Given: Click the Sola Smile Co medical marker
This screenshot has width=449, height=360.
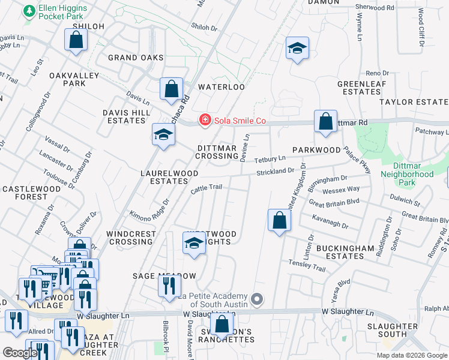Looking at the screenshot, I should point(205,121).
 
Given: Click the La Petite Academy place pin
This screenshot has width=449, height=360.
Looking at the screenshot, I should point(258,299).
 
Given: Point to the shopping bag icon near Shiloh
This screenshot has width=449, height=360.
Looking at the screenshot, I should point(76,40).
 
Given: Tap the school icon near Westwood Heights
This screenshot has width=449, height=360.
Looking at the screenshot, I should point(194,244).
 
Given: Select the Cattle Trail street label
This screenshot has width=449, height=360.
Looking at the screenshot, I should point(206,188).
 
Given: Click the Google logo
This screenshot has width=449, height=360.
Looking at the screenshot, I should point(19,353).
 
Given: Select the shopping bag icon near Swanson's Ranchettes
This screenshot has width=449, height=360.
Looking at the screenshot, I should point(222,326).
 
